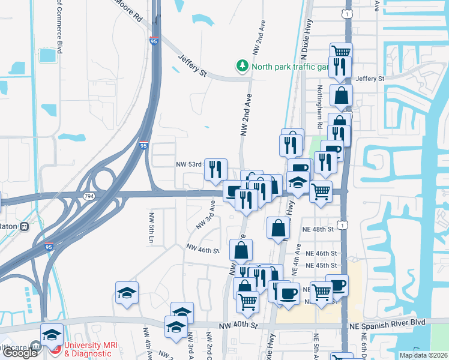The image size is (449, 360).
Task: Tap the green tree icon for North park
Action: (242, 65)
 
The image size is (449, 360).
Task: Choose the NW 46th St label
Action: (202, 248)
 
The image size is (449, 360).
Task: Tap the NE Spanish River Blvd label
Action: (388, 322)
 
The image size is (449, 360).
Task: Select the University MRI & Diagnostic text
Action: (91, 349)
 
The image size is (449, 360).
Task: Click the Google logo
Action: (20, 353)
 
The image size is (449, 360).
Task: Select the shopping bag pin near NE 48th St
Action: (278, 229)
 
